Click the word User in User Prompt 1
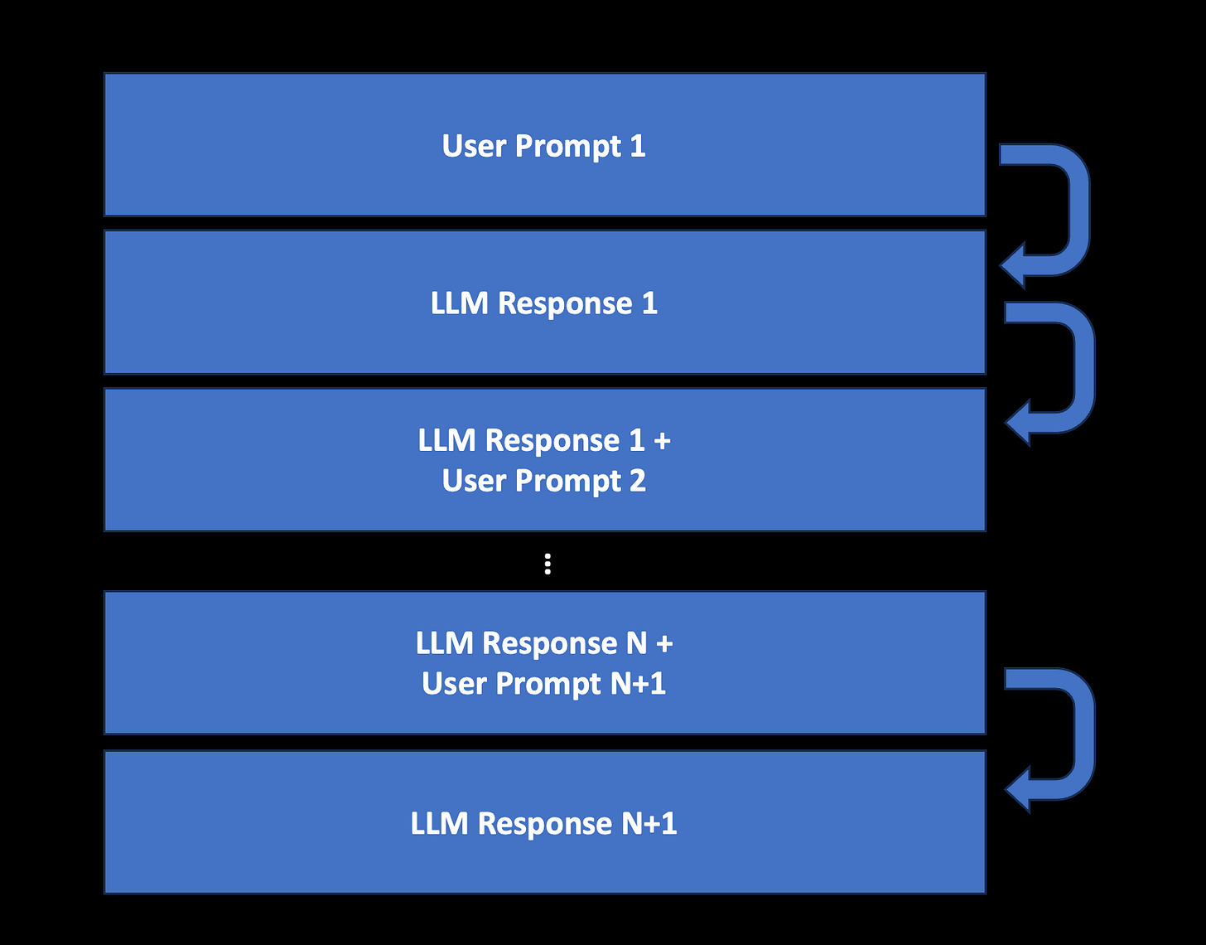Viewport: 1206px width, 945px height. click(x=474, y=146)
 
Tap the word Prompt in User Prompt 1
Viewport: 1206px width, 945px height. click(x=567, y=147)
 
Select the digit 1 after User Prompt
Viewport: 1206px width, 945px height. click(x=638, y=146)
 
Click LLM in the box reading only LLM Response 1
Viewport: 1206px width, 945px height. click(x=459, y=303)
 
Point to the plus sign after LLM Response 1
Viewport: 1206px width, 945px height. click(x=662, y=441)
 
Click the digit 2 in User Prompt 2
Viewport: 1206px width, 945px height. click(x=638, y=481)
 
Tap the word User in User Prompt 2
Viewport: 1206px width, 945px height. click(x=474, y=481)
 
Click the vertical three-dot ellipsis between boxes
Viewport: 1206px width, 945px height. click(x=548, y=564)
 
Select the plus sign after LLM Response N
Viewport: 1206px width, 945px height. click(x=664, y=643)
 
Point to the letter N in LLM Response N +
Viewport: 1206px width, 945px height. click(x=636, y=643)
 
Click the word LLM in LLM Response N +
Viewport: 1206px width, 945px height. click(x=444, y=643)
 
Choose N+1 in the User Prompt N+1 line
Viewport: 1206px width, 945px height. click(x=638, y=684)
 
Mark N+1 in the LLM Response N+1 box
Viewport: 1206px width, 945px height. click(x=649, y=824)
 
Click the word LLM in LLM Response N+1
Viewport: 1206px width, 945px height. click(x=439, y=824)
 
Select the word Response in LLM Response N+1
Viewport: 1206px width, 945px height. click(x=544, y=824)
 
